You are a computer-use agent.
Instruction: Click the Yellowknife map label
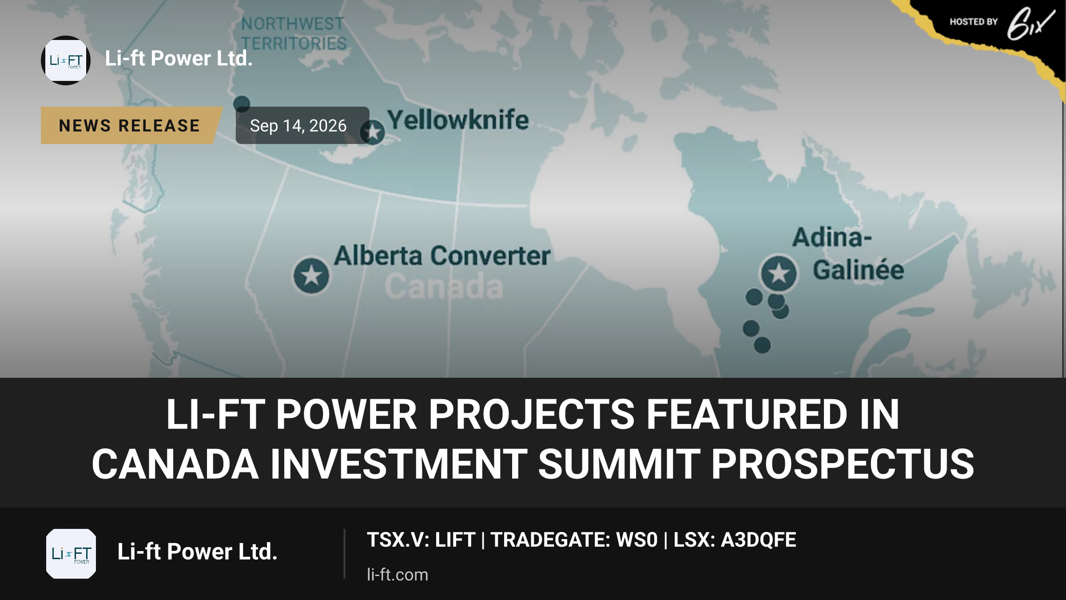click(x=458, y=120)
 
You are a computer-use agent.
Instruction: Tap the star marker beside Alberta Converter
click(x=311, y=276)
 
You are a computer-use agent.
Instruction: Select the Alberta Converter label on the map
click(x=442, y=256)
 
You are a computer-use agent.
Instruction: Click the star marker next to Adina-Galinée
click(x=779, y=273)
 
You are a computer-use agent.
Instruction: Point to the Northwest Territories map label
click(x=293, y=34)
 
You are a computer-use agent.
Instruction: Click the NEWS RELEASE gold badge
click(x=130, y=125)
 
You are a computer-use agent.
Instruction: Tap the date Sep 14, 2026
click(x=298, y=126)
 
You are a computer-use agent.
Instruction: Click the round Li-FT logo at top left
click(x=66, y=60)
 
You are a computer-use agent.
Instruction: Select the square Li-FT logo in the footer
click(x=71, y=554)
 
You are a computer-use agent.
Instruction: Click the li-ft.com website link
click(x=398, y=575)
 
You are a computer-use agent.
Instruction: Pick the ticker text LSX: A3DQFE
click(x=735, y=540)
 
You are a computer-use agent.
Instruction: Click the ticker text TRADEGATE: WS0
click(x=574, y=540)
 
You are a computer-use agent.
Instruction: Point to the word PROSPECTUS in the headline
click(x=843, y=464)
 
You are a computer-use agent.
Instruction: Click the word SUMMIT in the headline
click(x=619, y=464)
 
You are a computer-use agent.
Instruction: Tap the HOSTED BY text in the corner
click(x=974, y=22)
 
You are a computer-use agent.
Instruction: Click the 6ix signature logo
click(x=1030, y=24)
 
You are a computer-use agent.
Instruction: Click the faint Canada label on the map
click(x=444, y=287)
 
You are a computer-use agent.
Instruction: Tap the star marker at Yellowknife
click(x=373, y=132)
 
